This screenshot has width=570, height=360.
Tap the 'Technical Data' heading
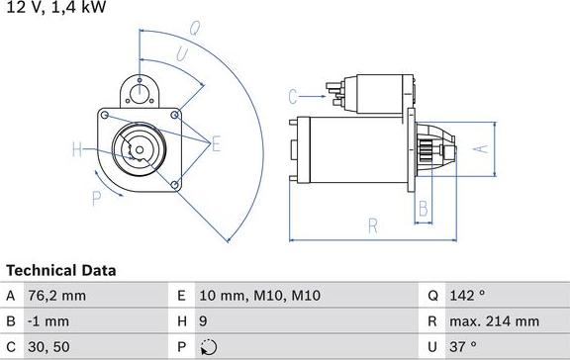pos(61,270)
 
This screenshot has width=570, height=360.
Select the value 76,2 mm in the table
pos(58,295)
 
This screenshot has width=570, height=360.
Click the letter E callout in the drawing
pos(216,145)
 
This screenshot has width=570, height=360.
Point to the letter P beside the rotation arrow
pos(96,198)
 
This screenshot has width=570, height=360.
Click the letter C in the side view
pos(293,96)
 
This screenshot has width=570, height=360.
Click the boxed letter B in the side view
pos(423,209)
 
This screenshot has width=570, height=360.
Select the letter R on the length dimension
pos(372,226)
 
